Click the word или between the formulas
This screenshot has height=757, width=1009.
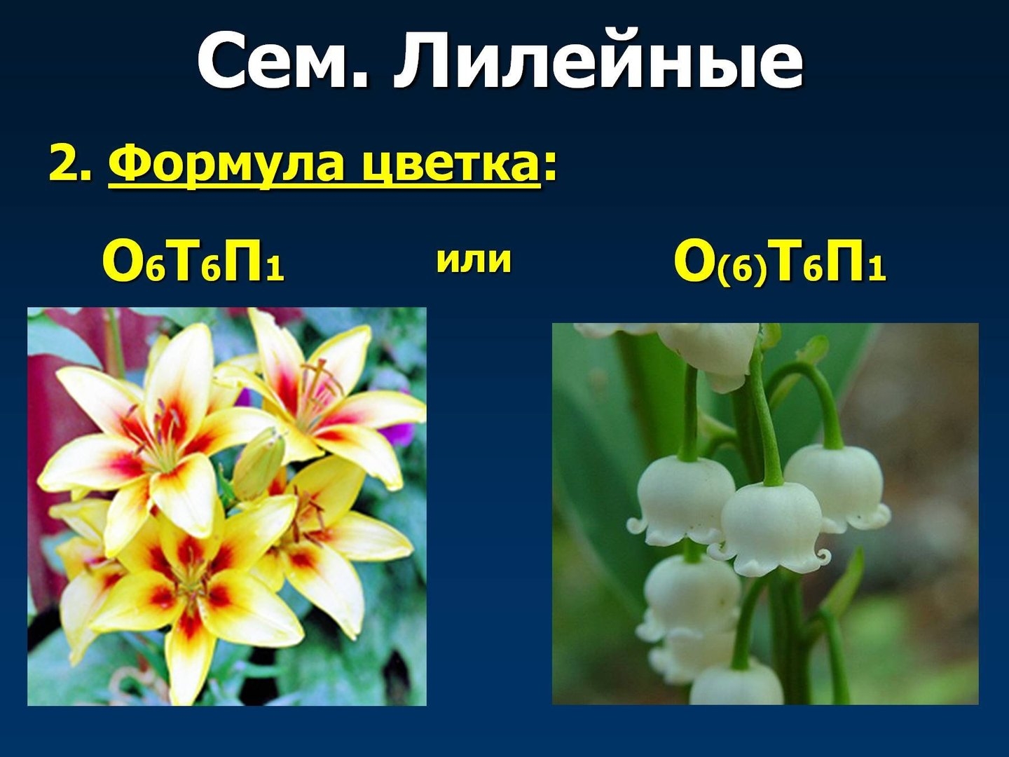[474, 261]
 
